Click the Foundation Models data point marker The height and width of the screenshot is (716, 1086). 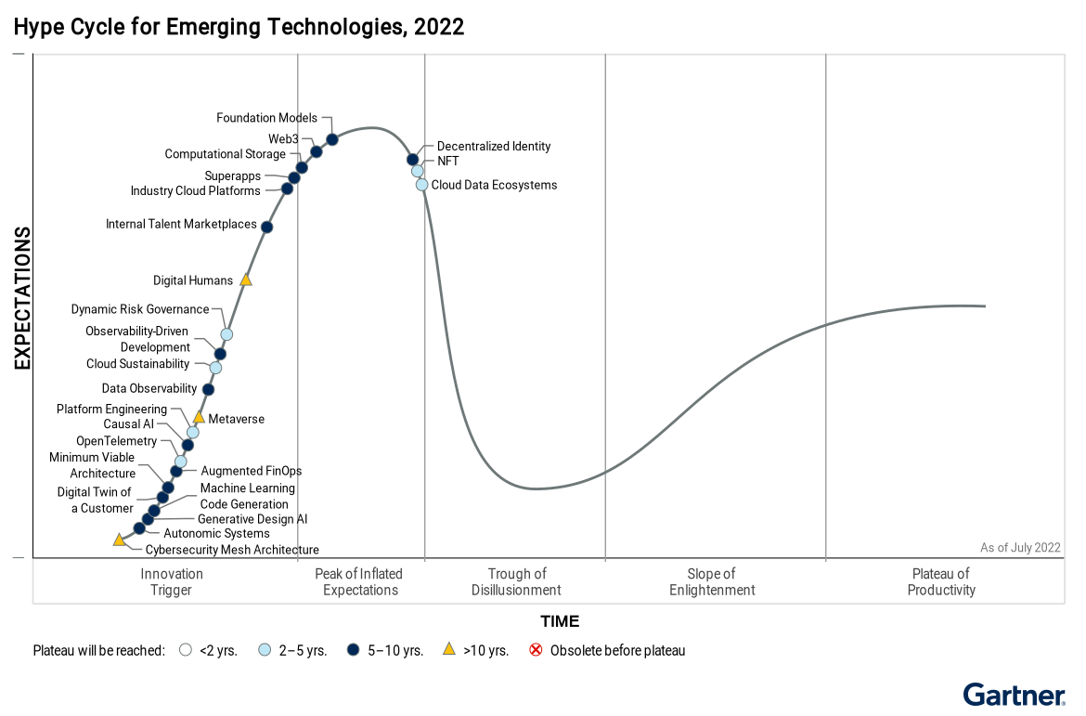coord(332,139)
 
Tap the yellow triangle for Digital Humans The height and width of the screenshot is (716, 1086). coord(246,280)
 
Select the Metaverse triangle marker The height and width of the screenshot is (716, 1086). coord(199,418)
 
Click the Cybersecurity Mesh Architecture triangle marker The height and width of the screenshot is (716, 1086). coord(119,540)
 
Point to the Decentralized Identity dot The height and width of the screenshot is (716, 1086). coord(413,160)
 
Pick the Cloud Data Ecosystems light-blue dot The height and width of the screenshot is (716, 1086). coord(422,185)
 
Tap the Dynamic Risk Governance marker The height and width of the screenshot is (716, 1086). coord(226,334)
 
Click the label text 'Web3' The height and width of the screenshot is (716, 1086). coord(283,139)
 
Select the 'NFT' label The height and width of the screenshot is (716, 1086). coord(448,161)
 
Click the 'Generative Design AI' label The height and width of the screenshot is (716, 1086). coord(252,519)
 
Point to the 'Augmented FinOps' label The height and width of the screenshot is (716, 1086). coord(252,472)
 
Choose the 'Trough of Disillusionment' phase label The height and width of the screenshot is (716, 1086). coord(516,582)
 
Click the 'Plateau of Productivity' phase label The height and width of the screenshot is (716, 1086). coord(941,582)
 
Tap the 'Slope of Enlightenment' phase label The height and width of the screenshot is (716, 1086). coord(712,582)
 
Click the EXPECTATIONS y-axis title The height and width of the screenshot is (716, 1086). coord(22,298)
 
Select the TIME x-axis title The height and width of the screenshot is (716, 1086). coord(560,621)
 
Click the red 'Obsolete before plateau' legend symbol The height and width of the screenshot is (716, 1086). coord(536,650)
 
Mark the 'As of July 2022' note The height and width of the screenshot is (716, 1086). coord(1020,548)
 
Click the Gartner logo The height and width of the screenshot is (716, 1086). coord(1014,695)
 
